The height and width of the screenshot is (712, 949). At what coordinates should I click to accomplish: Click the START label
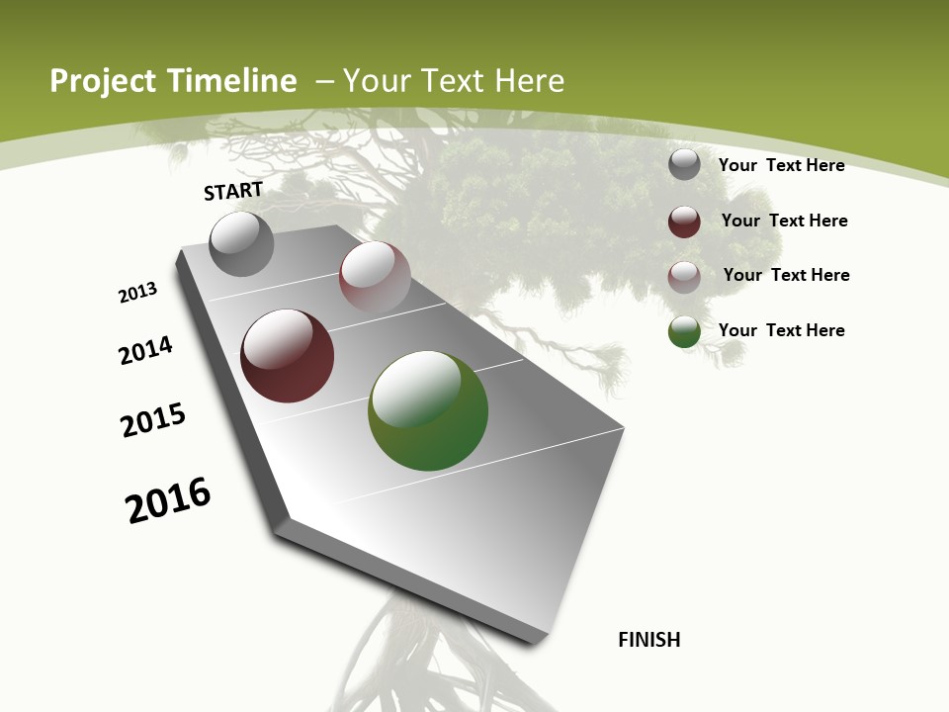click(233, 191)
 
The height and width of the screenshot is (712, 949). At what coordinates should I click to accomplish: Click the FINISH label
click(649, 640)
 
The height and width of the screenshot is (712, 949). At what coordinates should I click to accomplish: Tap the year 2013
click(137, 292)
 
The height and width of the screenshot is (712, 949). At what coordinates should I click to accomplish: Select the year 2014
click(146, 351)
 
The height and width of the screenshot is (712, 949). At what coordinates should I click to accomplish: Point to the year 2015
click(153, 420)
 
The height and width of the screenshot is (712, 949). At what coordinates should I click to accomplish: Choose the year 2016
click(168, 500)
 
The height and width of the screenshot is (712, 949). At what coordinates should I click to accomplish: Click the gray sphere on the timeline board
click(242, 243)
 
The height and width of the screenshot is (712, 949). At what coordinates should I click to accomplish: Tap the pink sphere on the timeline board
click(375, 276)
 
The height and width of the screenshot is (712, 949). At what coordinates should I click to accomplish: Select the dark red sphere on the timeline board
click(288, 356)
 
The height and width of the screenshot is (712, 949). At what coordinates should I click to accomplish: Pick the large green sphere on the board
click(428, 410)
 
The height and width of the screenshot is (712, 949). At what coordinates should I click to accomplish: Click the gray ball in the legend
click(684, 164)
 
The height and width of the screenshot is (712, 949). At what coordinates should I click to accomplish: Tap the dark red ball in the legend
click(684, 222)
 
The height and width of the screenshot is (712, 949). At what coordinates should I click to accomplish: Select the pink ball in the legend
click(684, 277)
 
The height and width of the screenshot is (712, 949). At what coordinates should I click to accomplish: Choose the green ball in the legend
click(684, 332)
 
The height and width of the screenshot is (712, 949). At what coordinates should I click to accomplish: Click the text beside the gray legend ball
click(781, 165)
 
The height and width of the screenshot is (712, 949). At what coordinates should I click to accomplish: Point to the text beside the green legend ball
click(781, 330)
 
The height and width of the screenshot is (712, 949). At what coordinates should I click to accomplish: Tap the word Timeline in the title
click(234, 81)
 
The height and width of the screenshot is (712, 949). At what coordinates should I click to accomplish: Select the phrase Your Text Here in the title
click(454, 81)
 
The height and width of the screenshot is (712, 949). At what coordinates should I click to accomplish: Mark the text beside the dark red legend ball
click(784, 221)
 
